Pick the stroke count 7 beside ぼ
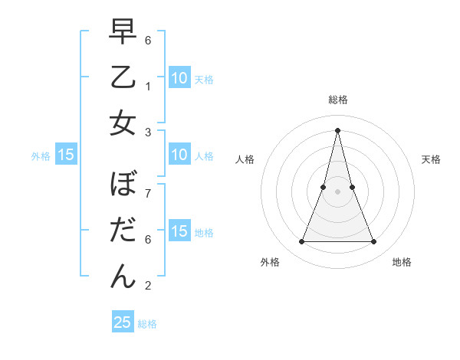click(x=148, y=193)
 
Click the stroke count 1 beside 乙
click(x=148, y=86)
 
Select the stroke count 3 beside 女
click(x=148, y=132)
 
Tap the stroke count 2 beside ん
click(x=148, y=286)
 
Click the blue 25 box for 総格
click(x=123, y=322)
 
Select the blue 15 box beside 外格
click(x=66, y=155)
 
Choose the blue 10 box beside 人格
click(x=179, y=155)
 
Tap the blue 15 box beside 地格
click(x=179, y=231)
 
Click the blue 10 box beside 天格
click(x=179, y=78)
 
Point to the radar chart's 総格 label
click(x=337, y=100)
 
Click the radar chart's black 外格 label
click(x=270, y=262)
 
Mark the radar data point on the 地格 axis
click(x=374, y=242)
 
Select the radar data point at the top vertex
click(x=337, y=129)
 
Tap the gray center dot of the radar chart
click(x=337, y=191)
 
